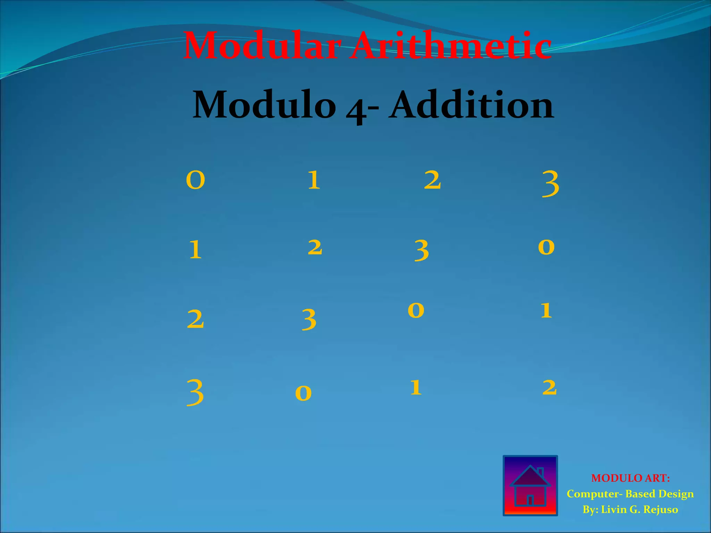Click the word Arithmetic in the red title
point(451,46)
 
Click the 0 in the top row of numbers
point(195,180)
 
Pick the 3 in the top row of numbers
point(551,184)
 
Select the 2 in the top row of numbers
point(433,180)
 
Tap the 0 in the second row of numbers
point(546,247)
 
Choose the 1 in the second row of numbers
point(195,250)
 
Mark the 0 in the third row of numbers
point(416,310)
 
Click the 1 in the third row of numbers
point(546,310)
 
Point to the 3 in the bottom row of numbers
point(195,392)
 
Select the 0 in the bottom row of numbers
point(303,393)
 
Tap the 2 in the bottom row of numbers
point(550,387)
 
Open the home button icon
point(530,485)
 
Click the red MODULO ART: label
point(630,478)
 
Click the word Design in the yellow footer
point(677,494)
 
